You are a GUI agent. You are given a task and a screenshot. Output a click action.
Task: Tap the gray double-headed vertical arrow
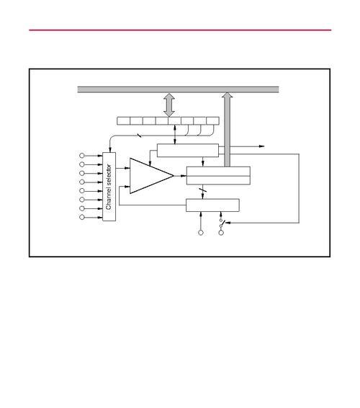tap(169, 105)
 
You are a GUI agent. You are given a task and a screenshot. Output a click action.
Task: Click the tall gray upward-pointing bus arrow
tap(228, 130)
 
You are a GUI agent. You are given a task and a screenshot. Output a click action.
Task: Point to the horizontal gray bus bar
tap(178, 89)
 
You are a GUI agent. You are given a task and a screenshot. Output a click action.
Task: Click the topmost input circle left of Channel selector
tap(82, 156)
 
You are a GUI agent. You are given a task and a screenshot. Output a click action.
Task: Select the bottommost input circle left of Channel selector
tap(82, 217)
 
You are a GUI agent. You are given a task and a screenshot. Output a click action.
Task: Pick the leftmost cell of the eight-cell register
tap(123, 121)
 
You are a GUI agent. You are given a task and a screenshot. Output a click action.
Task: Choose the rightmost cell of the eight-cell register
tap(212, 121)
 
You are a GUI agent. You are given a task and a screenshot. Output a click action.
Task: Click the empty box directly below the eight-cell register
tap(188, 151)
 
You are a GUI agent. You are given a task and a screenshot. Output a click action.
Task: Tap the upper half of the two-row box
tap(218, 172)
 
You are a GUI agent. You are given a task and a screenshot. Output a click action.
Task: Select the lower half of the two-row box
tap(218, 180)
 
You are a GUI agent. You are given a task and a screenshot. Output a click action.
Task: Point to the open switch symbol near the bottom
tap(222, 223)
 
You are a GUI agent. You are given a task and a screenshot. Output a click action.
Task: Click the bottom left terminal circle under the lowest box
tap(201, 233)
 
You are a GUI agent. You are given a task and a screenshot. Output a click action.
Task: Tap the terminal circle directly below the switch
tap(221, 233)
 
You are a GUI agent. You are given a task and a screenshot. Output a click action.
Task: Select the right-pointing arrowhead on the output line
tap(262, 146)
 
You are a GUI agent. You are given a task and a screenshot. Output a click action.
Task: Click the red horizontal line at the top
tap(180, 30)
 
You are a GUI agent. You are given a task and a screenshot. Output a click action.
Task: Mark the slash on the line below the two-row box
tap(203, 190)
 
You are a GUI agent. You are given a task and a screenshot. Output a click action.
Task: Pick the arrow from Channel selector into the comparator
tap(122, 169)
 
